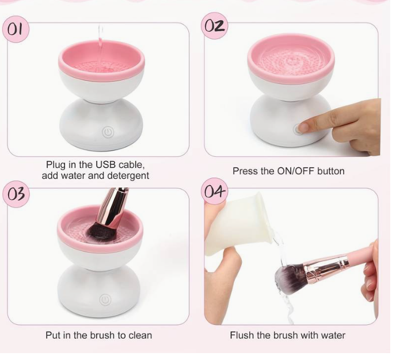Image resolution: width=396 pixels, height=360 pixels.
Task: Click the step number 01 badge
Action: (16, 29)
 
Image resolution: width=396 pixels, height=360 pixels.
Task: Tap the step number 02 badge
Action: (215, 25)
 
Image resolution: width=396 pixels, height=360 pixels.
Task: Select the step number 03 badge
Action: (16, 194)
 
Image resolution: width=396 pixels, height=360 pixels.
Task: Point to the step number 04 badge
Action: (215, 191)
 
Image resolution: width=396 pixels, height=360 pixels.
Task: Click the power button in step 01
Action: (108, 132)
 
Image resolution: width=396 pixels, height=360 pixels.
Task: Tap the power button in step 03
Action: (105, 300)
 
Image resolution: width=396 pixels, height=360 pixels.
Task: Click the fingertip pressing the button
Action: (304, 127)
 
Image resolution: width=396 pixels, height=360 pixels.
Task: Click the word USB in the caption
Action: (105, 164)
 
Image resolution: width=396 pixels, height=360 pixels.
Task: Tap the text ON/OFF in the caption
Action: (296, 171)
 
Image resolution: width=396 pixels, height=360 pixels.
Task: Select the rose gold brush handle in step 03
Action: (113, 207)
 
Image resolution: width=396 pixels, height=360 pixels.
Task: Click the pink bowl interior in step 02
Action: (291, 61)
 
